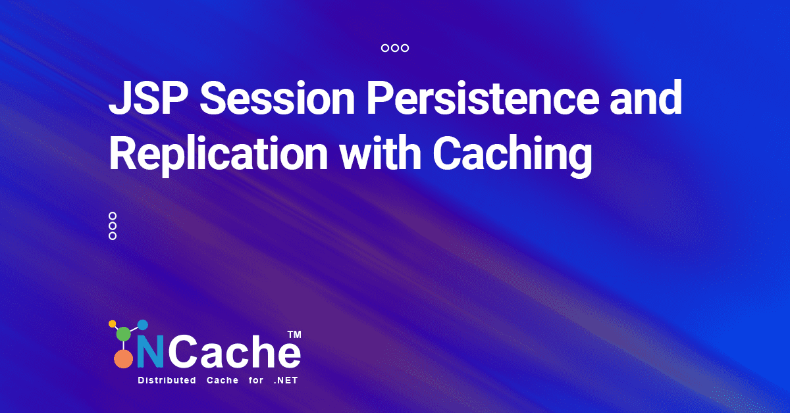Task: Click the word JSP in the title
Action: click(x=148, y=97)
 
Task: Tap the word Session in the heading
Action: click(x=277, y=97)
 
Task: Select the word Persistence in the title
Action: click(x=483, y=97)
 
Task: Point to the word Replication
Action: click(x=219, y=155)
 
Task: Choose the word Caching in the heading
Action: click(x=512, y=155)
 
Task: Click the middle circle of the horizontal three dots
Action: click(x=395, y=48)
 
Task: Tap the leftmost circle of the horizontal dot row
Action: click(x=385, y=48)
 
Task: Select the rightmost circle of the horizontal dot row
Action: click(x=405, y=48)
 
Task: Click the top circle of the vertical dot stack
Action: click(x=113, y=216)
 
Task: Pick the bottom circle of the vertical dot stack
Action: click(x=113, y=236)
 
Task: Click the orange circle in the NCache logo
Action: click(x=124, y=359)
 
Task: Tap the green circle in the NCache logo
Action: click(x=124, y=333)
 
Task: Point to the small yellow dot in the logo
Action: click(x=112, y=324)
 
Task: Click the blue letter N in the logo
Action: click(x=150, y=351)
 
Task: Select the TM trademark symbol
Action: click(x=294, y=335)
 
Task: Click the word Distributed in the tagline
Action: click(x=167, y=380)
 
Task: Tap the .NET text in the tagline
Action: click(x=286, y=380)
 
